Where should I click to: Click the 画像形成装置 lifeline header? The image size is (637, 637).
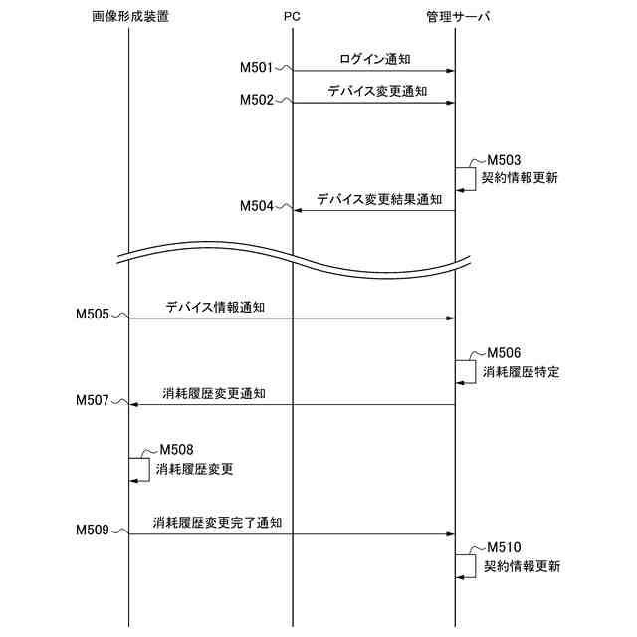coord(128,17)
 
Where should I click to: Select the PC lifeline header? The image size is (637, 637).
coord(292,17)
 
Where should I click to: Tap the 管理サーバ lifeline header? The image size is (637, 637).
coord(456,17)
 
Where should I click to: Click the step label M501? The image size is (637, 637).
coord(257,68)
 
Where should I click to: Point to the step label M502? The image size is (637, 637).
coord(257,100)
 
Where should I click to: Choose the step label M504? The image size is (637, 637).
coord(257,206)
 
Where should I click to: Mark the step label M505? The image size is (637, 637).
coord(93,315)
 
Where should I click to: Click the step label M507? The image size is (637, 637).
coord(93,400)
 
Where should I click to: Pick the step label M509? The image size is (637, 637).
coord(93,531)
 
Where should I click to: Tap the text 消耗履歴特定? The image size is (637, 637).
coord(521,372)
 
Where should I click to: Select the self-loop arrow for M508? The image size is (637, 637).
coord(140,469)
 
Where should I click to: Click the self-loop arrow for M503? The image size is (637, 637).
coord(467,179)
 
